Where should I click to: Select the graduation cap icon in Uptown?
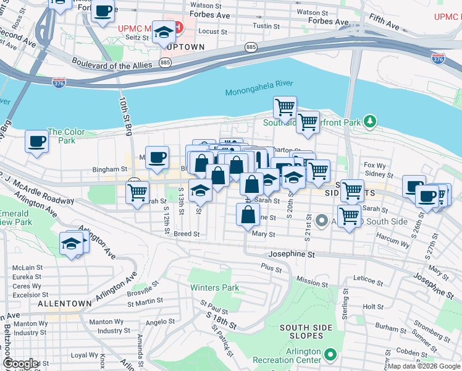pos(164,33)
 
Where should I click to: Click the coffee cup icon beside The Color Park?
pos(37,142)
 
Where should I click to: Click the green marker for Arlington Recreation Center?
pos(331,355)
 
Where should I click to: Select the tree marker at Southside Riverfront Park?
pos(370,121)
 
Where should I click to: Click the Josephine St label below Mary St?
pos(291,254)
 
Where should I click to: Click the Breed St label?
pos(186,234)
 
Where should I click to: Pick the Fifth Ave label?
pos(384,24)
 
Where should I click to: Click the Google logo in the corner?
pos(21,364)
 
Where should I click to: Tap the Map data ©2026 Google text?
pos(424,367)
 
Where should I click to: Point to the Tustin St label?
pos(267,26)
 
